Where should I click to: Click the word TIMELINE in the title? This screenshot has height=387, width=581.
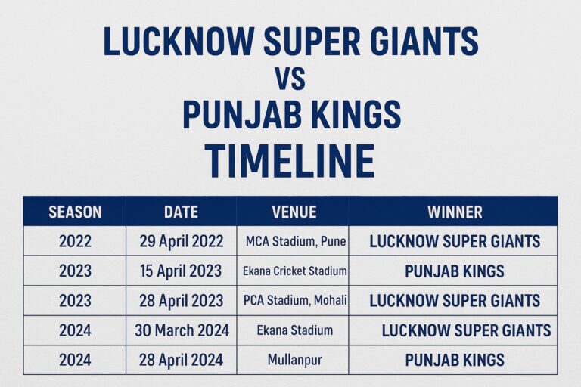290,161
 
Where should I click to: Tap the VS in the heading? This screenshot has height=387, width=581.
290,79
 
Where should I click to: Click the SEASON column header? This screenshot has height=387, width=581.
75,212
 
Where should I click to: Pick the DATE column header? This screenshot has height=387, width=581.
181,212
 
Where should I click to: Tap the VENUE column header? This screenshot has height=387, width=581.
294,212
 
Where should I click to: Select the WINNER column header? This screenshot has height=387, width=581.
455,212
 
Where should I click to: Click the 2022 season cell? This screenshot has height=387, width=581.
75,242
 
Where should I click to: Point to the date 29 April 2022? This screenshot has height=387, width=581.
182,242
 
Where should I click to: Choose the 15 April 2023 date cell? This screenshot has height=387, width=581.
182,271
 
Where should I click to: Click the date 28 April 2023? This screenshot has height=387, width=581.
182,301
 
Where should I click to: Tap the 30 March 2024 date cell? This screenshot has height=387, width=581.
182,330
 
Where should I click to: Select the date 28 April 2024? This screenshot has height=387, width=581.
182,360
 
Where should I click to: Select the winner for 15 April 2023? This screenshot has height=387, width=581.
455,271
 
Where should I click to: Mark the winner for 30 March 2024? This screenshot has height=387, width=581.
466,330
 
